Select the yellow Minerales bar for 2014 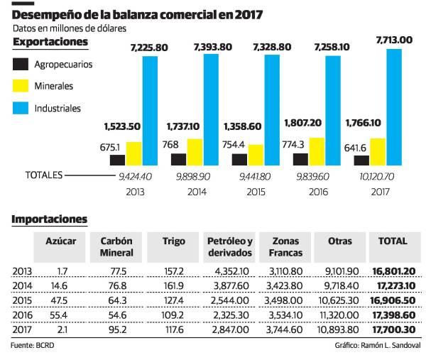tap(195, 151)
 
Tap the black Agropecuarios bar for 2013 tap(117, 160)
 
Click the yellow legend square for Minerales tap(21, 86)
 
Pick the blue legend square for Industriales tap(21, 109)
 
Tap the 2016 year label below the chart tap(313, 191)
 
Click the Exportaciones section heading tap(50, 42)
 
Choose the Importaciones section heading tap(49, 219)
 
